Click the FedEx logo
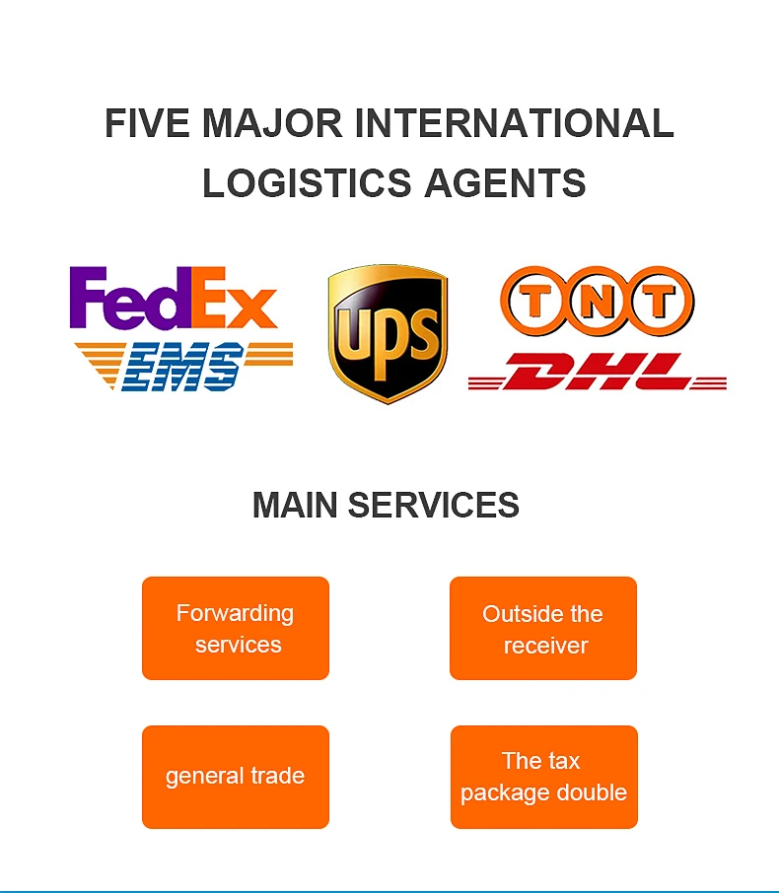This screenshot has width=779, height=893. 173,299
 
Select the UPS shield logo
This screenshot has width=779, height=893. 388,333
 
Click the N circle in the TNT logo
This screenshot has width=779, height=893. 598,301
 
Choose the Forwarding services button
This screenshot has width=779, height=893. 236,628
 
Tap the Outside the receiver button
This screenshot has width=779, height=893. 543,629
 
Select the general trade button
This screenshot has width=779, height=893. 236,777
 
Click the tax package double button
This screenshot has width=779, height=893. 544,777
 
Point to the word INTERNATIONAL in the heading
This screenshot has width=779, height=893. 514,124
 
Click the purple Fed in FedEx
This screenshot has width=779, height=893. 128,299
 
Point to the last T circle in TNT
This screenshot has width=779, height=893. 659,301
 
